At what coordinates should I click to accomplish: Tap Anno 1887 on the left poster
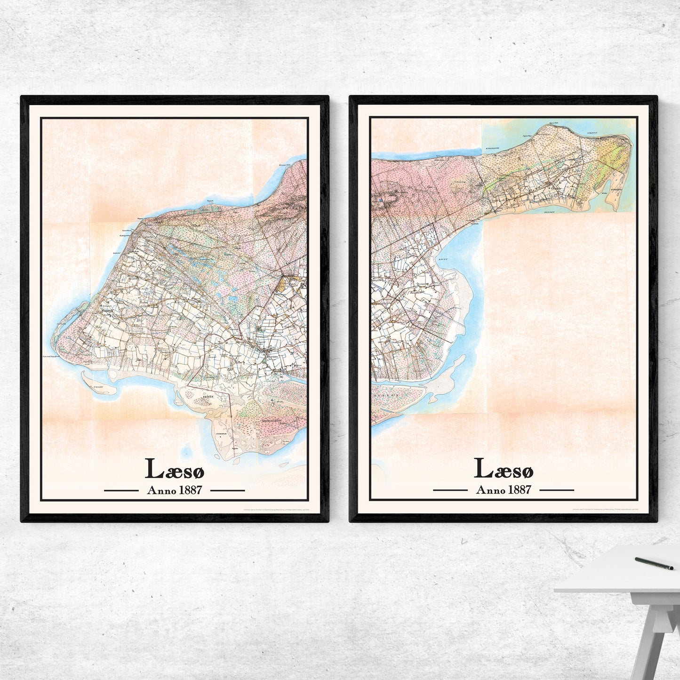(x=174, y=490)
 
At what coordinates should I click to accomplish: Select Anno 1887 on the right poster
(x=503, y=490)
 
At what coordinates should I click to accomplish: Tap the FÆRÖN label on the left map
(x=208, y=397)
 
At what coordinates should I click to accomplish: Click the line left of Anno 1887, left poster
(x=121, y=490)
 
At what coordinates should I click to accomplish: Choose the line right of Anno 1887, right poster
(x=556, y=490)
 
